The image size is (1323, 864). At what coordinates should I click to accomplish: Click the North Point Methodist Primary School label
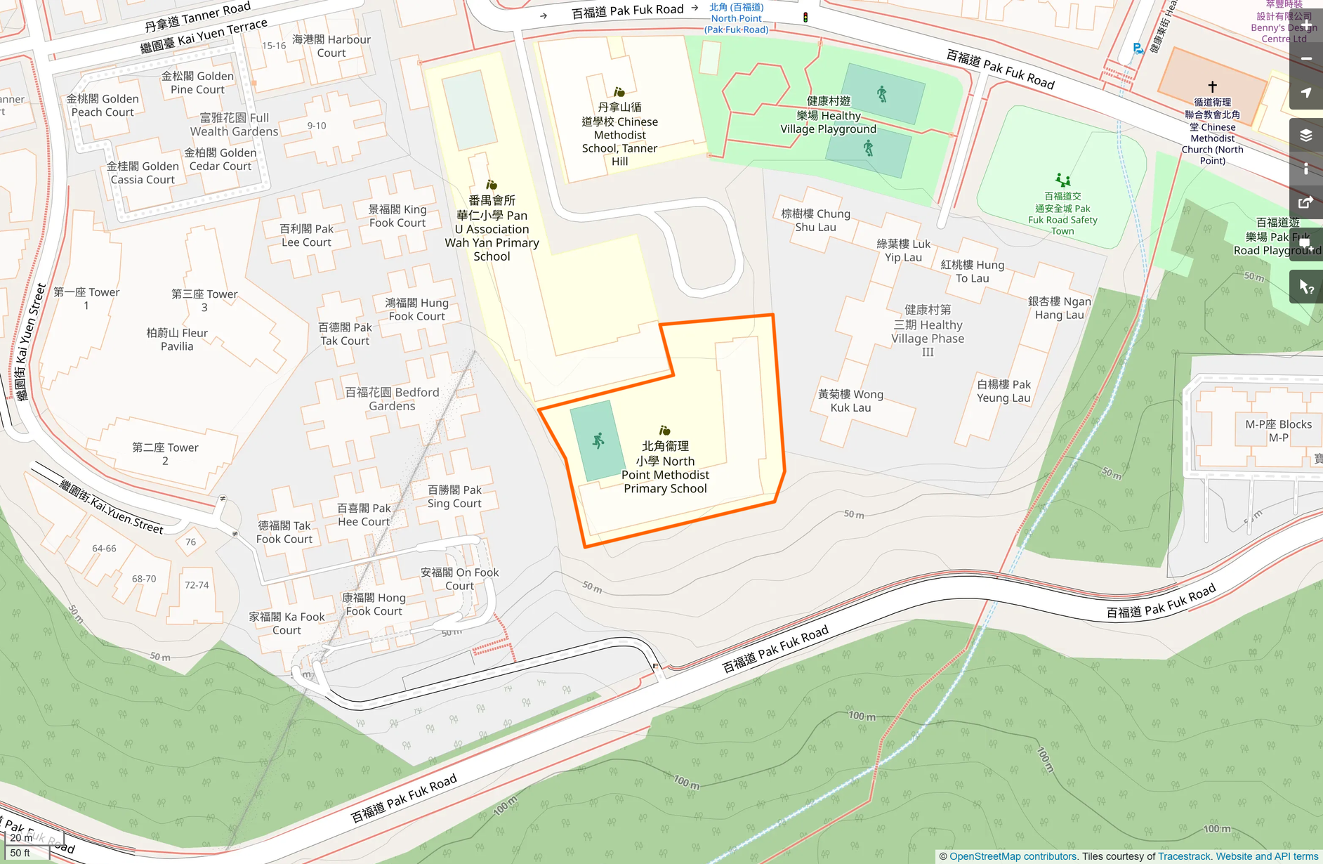coord(665,467)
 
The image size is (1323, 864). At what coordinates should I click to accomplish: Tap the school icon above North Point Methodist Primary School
coord(664,430)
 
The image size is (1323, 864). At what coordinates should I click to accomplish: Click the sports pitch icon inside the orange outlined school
coord(598,441)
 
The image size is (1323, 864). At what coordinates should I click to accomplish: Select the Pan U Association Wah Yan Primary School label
coord(492,228)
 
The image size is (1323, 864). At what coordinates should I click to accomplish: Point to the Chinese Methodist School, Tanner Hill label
coord(619,134)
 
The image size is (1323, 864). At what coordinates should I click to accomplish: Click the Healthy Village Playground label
coord(829,115)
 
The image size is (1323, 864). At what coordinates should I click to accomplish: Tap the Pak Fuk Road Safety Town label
coord(1062,214)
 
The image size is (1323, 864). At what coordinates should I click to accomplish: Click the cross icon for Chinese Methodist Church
coord(1212,87)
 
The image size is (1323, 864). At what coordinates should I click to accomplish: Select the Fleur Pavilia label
coord(177,339)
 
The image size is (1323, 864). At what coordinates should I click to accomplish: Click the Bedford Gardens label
coord(392,399)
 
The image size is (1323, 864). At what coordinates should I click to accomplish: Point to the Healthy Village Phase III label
coord(928,331)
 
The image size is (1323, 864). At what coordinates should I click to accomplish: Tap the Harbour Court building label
coord(331,46)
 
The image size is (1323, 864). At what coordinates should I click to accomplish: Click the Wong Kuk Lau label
coord(850,401)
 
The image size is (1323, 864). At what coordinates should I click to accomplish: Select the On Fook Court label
coord(459,579)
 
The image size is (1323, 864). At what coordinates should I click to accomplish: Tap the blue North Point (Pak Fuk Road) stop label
coord(736,19)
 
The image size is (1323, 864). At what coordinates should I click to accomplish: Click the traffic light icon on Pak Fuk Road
coord(805,17)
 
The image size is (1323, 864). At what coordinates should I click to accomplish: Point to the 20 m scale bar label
coord(21,838)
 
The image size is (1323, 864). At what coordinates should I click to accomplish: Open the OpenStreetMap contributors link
coord(1013,856)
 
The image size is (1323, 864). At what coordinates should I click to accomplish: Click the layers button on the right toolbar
coord(1305,136)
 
